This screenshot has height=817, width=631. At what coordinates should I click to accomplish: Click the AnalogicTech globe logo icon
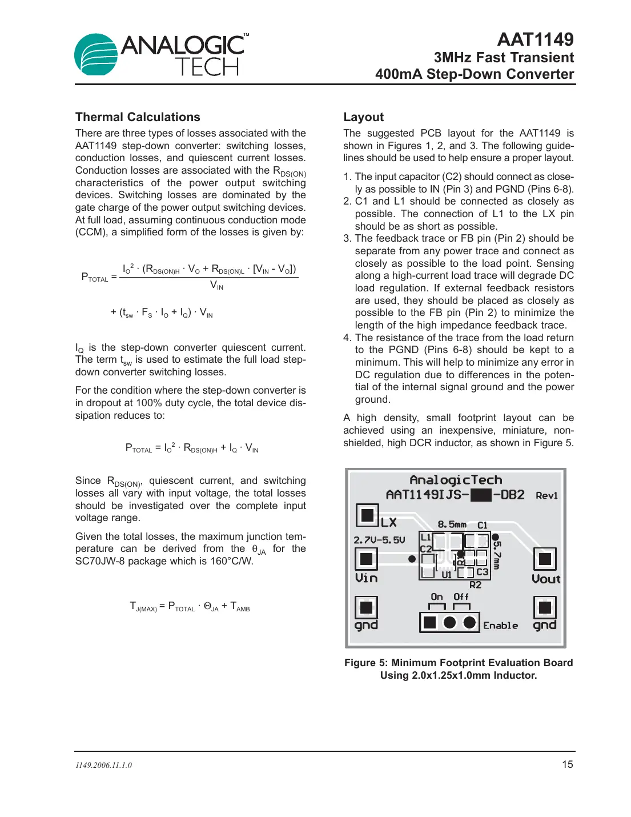(96, 55)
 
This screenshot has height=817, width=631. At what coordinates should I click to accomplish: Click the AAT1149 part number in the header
(535, 39)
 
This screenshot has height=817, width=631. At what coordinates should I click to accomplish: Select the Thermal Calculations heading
(138, 117)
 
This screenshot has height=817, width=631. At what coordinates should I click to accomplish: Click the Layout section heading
(363, 117)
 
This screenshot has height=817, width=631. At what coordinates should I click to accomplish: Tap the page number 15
(567, 764)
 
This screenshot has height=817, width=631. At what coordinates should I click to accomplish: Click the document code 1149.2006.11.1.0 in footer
(103, 766)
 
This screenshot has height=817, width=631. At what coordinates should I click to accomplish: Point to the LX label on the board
(389, 522)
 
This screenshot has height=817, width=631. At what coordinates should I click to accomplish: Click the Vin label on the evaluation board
(366, 578)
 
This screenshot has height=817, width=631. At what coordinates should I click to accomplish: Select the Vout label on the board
(546, 579)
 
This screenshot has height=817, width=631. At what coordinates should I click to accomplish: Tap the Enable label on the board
(500, 626)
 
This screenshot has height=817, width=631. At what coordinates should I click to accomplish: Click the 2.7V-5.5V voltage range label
(379, 540)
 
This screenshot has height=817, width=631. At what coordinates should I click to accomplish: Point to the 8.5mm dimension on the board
(452, 524)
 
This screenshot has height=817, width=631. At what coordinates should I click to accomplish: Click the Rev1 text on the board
(546, 496)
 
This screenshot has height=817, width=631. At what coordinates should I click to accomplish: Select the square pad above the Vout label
(545, 559)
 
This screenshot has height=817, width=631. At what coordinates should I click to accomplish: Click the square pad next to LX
(367, 514)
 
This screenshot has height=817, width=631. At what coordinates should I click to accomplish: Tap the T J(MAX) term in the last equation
(143, 607)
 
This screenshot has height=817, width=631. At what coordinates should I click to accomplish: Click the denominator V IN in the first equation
(216, 285)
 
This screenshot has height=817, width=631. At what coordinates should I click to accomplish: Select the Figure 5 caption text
(458, 669)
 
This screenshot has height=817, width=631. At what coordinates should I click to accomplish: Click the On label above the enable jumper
(437, 597)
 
